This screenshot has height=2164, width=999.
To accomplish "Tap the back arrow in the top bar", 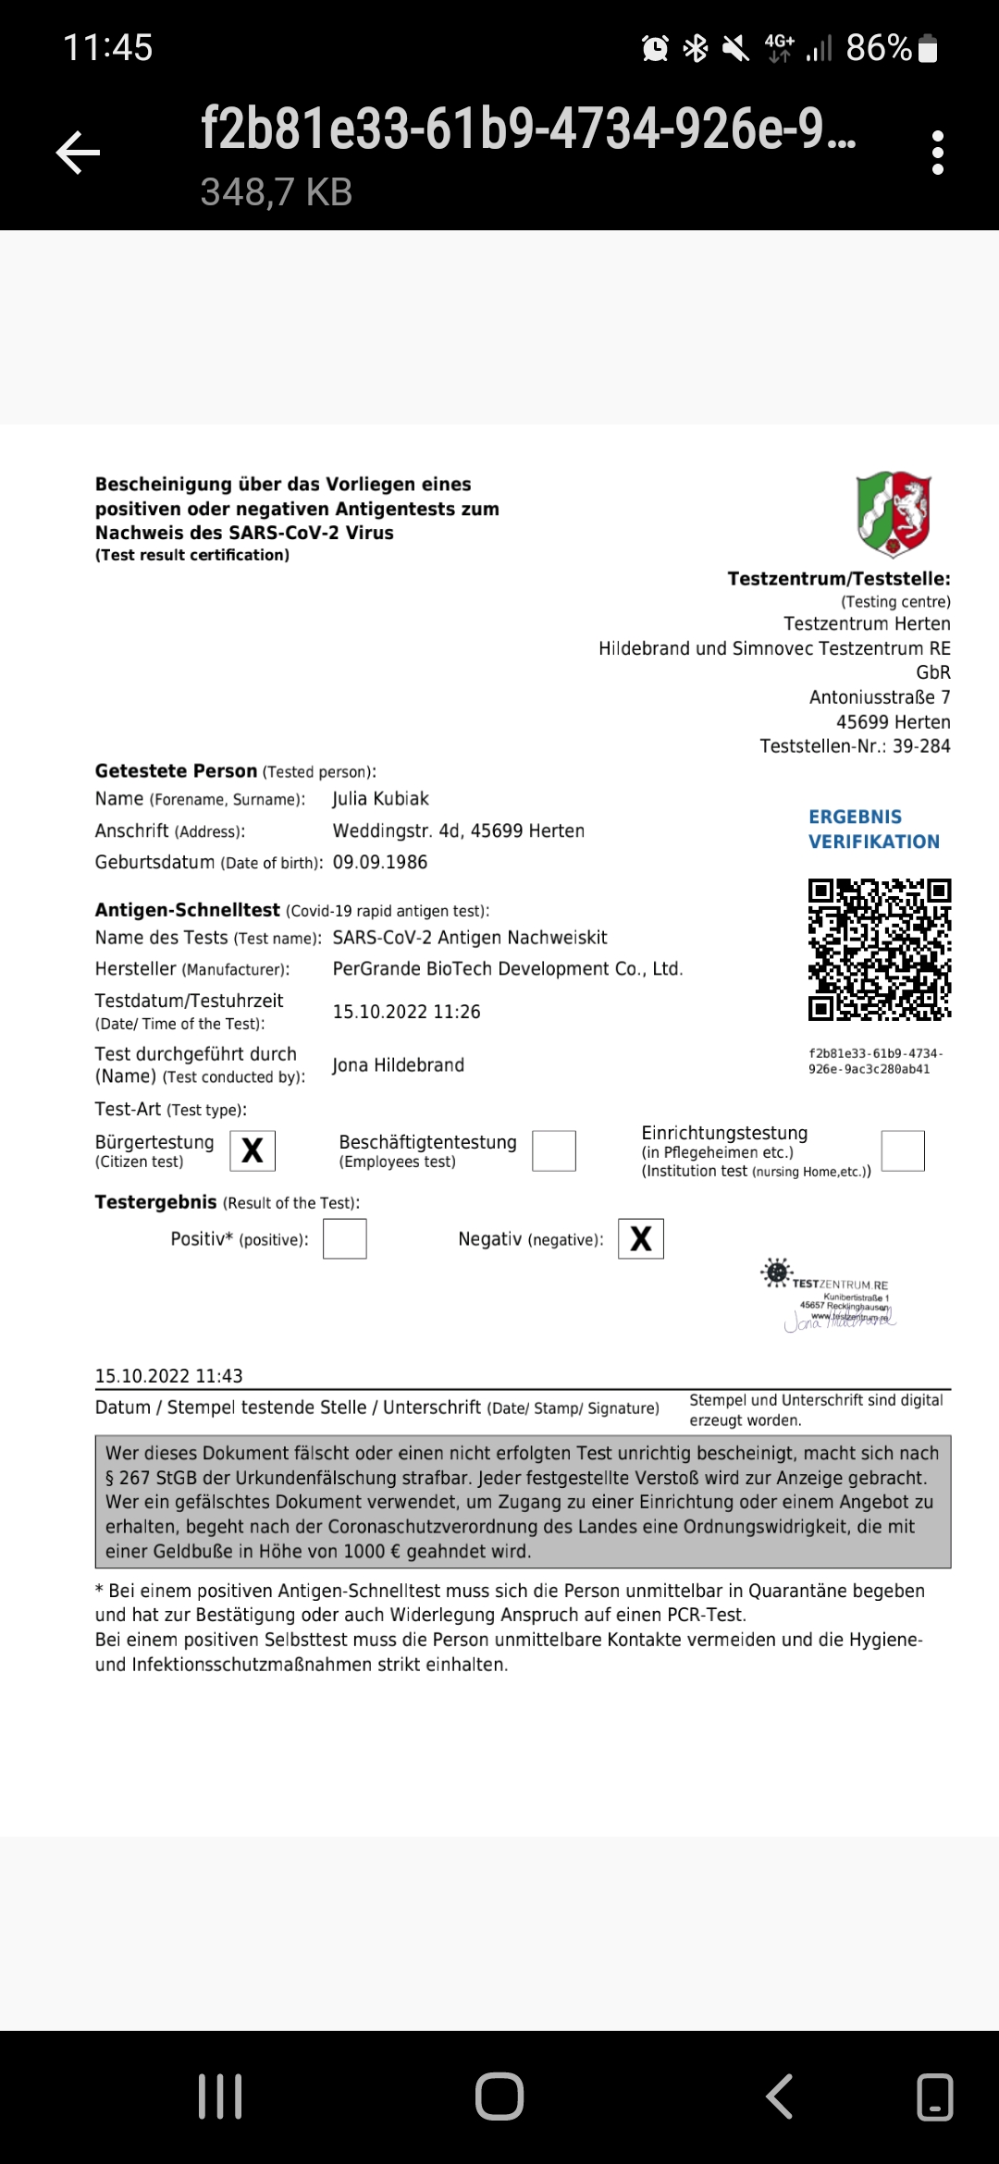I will (x=79, y=153).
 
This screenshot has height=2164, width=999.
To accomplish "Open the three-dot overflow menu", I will (x=938, y=153).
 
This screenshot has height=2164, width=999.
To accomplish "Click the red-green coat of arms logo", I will (x=893, y=514).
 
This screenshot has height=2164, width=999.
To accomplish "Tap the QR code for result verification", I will (x=880, y=949).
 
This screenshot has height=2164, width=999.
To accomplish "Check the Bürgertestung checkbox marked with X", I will (x=253, y=1150).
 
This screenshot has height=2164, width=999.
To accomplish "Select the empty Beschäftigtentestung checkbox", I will (x=554, y=1150).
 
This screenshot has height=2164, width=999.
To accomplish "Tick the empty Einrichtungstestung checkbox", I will (x=903, y=1150).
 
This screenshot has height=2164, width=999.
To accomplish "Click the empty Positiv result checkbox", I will (x=345, y=1238).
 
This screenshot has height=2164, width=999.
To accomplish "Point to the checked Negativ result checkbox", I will (x=641, y=1238).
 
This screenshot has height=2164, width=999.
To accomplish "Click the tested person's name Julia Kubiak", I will (x=381, y=799).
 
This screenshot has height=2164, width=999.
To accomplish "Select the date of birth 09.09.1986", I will (x=380, y=862).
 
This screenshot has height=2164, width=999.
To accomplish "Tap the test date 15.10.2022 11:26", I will (x=407, y=1012).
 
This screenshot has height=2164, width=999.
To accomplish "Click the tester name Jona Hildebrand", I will (x=399, y=1065).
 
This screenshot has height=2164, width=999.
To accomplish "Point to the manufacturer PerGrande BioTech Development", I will (x=507, y=968).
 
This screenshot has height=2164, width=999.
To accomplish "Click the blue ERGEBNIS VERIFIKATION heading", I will (x=873, y=829).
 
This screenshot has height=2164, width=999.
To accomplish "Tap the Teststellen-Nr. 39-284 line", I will (x=855, y=746).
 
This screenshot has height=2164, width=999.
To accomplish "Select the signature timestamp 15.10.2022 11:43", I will (x=169, y=1376).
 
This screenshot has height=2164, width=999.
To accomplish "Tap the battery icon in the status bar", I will (x=929, y=48).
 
